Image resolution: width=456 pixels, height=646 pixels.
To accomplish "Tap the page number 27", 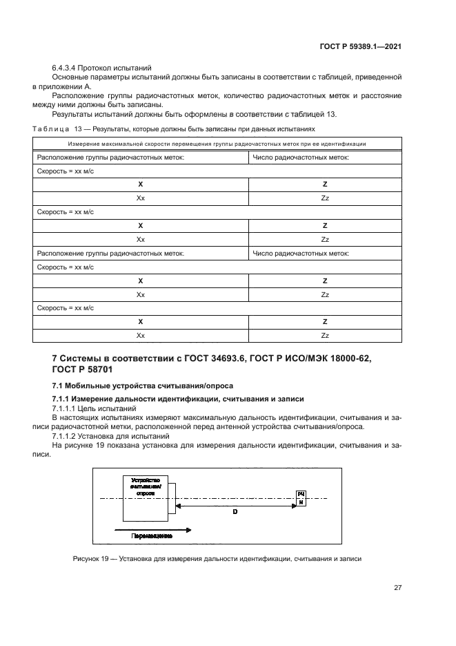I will pyautogui.click(x=397, y=587).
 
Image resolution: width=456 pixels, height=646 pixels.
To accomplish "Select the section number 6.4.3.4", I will pyautogui.click(x=63, y=68).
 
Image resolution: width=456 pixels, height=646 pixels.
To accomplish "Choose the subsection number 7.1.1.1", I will pyautogui.click(x=63, y=409).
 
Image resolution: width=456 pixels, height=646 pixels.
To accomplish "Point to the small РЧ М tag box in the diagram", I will pyautogui.click(x=301, y=497).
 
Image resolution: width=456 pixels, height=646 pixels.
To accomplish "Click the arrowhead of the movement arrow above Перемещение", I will pyautogui.click(x=188, y=529).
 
